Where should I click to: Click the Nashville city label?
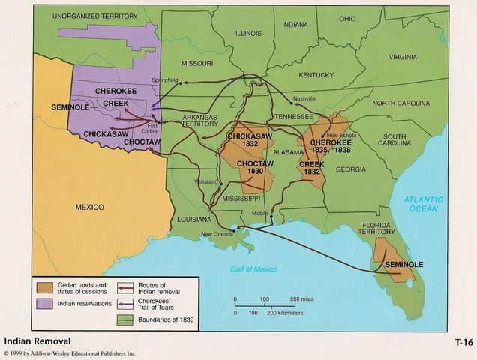(x=305, y=98)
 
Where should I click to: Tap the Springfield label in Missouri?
(x=166, y=79)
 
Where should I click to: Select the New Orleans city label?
(x=217, y=234)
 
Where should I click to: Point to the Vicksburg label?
(x=205, y=181)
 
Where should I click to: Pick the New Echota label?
(x=341, y=135)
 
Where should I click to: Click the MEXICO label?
(x=89, y=206)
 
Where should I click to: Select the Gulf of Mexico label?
(x=253, y=268)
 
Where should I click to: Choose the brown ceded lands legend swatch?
(x=43, y=288)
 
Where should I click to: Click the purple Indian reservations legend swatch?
(x=43, y=304)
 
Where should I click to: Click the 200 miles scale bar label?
(x=306, y=298)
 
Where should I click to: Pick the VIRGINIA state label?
(x=403, y=56)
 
